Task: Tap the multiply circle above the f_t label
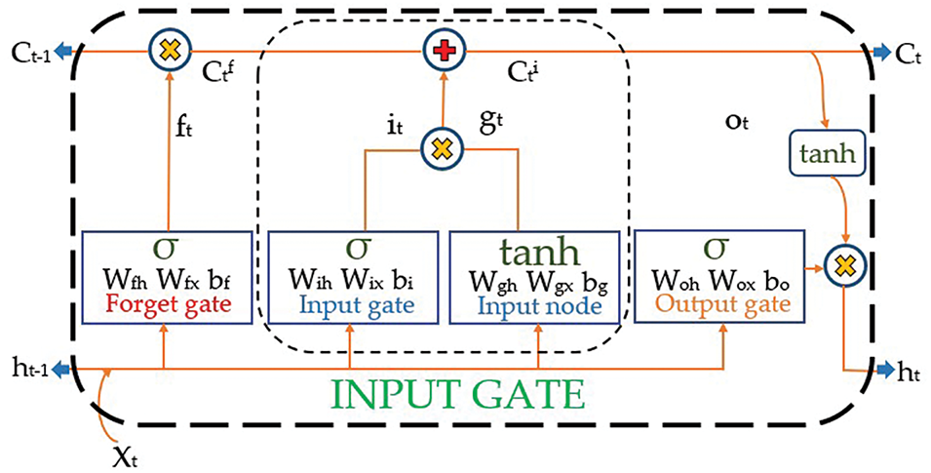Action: point(170,51)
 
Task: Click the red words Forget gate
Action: point(167,305)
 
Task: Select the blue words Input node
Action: point(539,305)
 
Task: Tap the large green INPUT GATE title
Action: point(457,395)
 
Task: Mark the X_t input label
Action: point(127,457)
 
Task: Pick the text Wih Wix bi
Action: point(351,279)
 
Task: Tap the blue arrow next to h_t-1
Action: point(60,371)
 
